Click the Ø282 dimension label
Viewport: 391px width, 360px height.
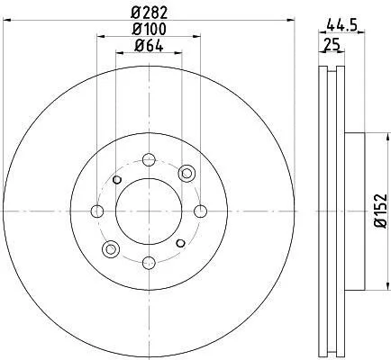[x=149, y=13]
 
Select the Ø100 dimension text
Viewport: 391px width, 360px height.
[x=149, y=29]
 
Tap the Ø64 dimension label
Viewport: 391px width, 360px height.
[x=149, y=46]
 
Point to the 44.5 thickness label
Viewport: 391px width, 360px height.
[x=341, y=24]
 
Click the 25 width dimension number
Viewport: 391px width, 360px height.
[x=332, y=45]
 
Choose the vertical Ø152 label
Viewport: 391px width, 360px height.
[x=380, y=211]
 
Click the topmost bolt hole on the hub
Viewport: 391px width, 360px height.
[x=149, y=159]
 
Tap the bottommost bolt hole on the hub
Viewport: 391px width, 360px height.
[x=149, y=263]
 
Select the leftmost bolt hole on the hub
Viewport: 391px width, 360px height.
[x=97, y=211]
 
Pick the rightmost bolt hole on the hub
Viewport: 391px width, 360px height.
[x=201, y=211]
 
